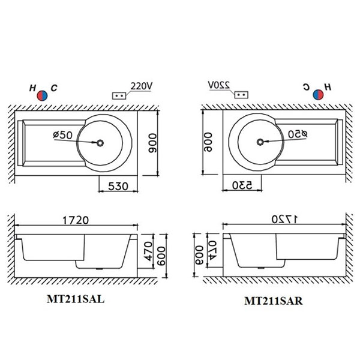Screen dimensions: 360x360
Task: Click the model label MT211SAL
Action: [x=76, y=299]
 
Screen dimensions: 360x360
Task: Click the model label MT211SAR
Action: [x=273, y=301]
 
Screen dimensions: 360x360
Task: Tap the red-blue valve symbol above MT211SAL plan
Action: [x=42, y=95]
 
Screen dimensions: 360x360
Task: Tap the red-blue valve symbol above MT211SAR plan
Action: [x=318, y=95]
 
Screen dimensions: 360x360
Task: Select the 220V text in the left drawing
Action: [x=142, y=86]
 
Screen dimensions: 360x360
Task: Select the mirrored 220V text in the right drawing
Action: [x=219, y=85]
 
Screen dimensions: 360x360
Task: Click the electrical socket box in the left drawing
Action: [x=119, y=96]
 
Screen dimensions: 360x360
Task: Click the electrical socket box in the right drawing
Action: [x=241, y=95]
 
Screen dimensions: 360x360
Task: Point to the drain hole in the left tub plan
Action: [x=100, y=143]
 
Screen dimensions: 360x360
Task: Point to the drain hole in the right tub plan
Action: [x=260, y=142]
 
